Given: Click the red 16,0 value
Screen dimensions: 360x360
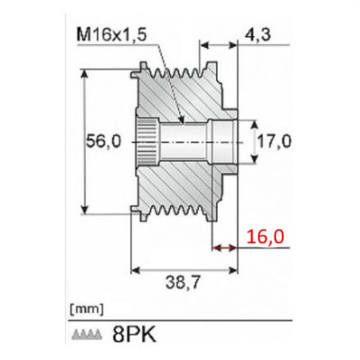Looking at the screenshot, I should pos(265,236).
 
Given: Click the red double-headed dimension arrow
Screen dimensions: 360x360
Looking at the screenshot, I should pos(225,245).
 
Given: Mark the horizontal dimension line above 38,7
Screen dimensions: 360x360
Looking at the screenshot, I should pos(184,267).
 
